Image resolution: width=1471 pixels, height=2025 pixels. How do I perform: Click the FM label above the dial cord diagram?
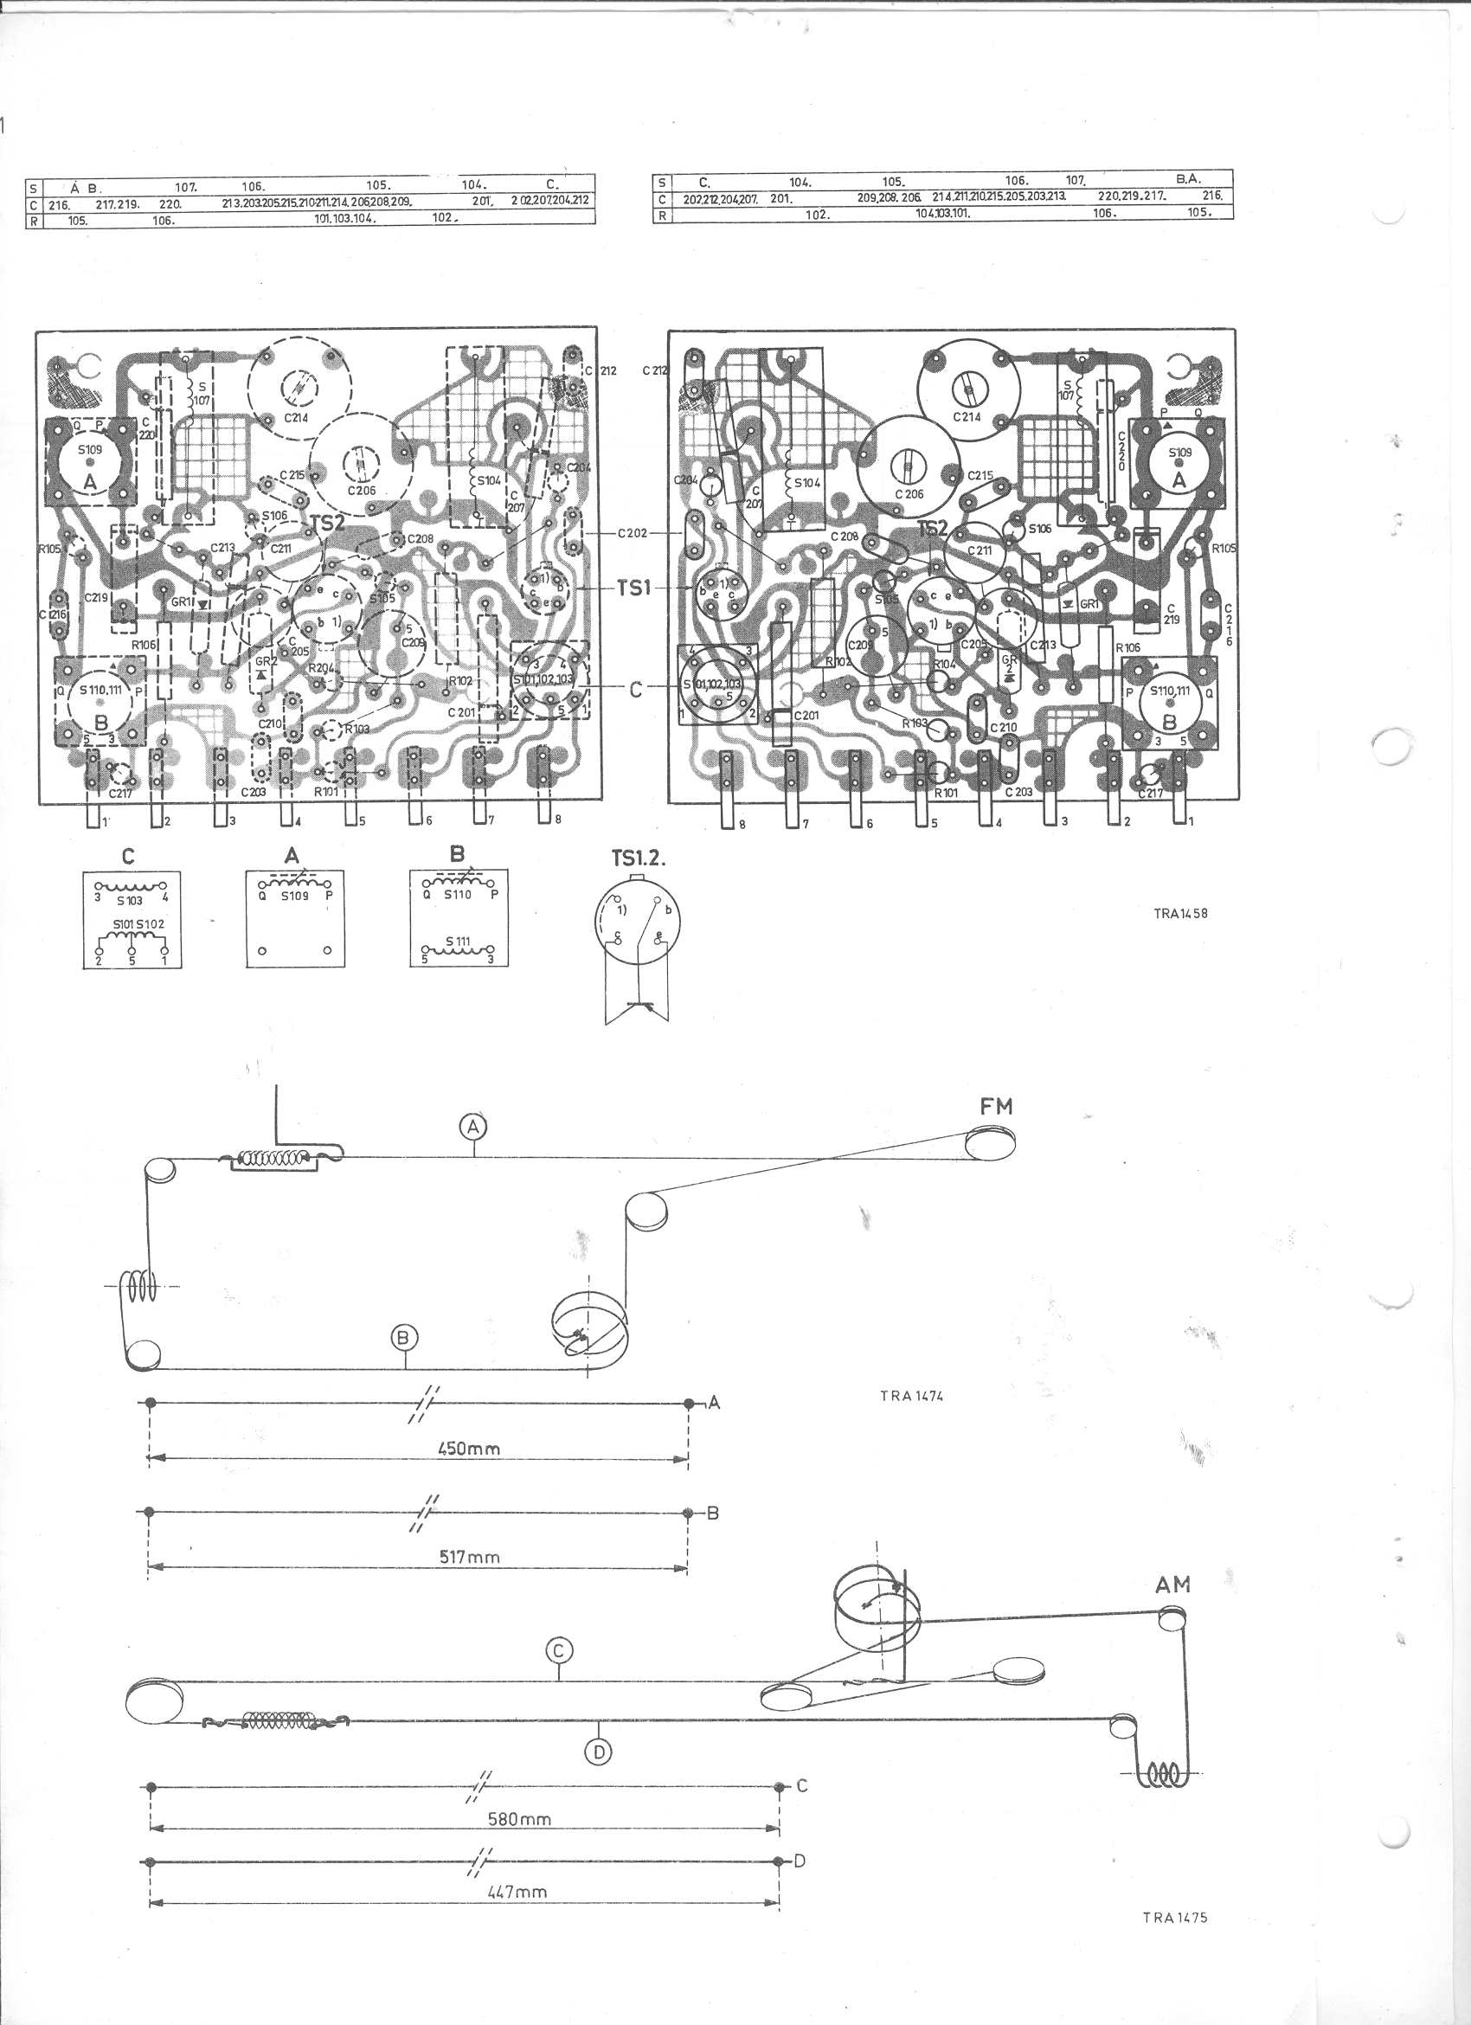[x=996, y=1106]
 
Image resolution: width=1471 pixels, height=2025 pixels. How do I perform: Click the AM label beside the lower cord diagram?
[x=1172, y=1585]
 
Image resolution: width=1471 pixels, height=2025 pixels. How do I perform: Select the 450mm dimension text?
[x=469, y=1448]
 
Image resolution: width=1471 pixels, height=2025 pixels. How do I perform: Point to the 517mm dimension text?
[x=470, y=1557]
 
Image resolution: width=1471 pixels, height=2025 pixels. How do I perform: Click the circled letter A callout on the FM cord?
[x=473, y=1127]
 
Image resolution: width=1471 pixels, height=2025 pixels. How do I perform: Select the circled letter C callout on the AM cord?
[x=559, y=1651]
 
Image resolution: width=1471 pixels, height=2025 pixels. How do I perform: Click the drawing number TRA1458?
[x=1180, y=913]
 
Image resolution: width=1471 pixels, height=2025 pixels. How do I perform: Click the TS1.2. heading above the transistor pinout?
[x=639, y=859]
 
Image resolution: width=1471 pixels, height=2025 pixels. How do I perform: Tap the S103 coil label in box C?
[x=130, y=900]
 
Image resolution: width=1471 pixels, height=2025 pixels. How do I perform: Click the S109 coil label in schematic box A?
[x=293, y=895]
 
